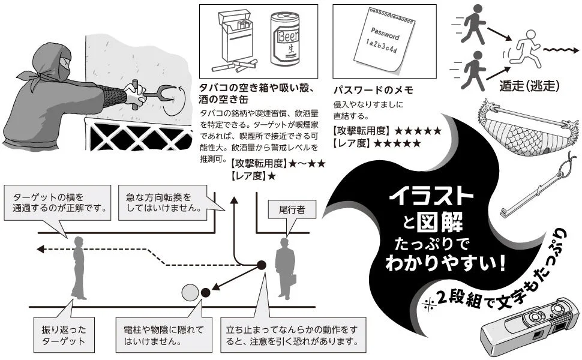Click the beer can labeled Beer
tap(286, 40)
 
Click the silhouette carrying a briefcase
tap(286, 269)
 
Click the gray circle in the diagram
tap(190, 292)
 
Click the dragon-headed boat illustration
tap(527, 126)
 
